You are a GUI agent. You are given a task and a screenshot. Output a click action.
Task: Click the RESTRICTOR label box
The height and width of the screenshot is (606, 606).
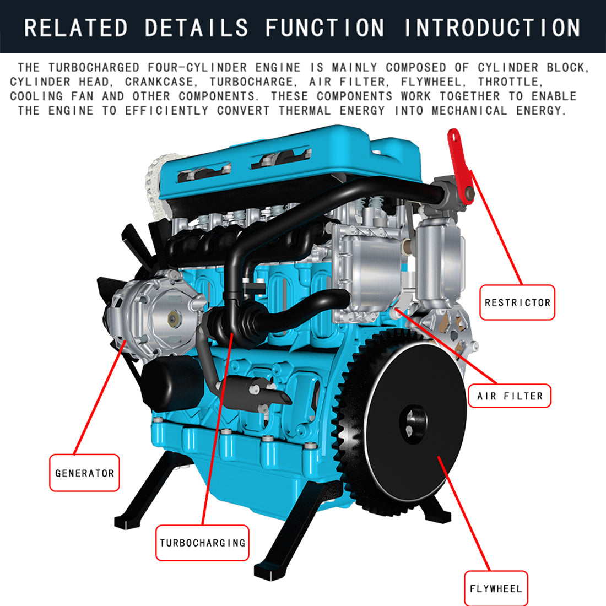point(517,302)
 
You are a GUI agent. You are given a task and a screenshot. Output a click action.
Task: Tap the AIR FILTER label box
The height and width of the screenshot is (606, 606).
point(510,396)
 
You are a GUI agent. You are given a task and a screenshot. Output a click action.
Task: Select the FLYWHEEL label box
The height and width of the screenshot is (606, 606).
point(496,588)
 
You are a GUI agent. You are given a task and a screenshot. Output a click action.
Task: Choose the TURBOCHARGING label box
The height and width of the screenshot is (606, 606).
point(202,543)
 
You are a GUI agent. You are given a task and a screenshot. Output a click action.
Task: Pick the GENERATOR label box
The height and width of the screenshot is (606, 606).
point(84,473)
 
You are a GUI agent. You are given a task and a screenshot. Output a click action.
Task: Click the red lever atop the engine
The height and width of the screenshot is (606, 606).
point(461,166)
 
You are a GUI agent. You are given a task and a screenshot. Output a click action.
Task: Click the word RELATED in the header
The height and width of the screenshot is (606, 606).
point(76,28)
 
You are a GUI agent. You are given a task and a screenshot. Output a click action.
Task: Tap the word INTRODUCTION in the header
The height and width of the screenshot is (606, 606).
point(493,28)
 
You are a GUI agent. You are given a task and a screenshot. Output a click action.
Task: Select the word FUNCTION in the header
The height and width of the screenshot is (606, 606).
point(324,28)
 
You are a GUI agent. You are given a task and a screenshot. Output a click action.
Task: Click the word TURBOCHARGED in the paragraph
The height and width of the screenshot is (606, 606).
point(94,67)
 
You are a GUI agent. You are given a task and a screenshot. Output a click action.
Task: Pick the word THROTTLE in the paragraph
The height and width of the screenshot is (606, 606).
point(510,82)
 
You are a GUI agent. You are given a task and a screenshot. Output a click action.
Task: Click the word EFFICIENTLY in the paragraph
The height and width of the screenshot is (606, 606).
point(166,111)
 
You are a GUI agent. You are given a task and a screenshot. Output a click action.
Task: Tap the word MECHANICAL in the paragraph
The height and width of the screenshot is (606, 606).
point(469,111)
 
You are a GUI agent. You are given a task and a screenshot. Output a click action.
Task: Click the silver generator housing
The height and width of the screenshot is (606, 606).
point(155,315)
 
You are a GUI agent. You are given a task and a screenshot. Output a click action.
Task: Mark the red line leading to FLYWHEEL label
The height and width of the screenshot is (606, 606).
point(464,513)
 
